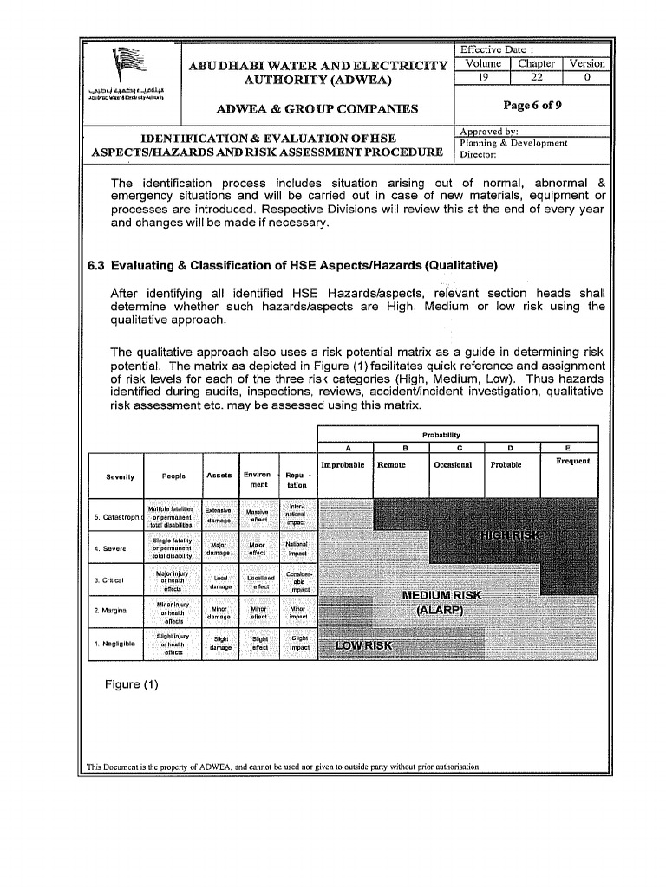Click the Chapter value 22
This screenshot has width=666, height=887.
(536, 77)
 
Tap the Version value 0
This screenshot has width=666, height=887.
(587, 77)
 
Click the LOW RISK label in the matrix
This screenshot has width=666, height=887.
(364, 646)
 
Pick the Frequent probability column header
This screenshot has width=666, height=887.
(572, 461)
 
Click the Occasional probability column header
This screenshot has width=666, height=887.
(452, 465)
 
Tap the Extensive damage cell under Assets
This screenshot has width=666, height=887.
(219, 515)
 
